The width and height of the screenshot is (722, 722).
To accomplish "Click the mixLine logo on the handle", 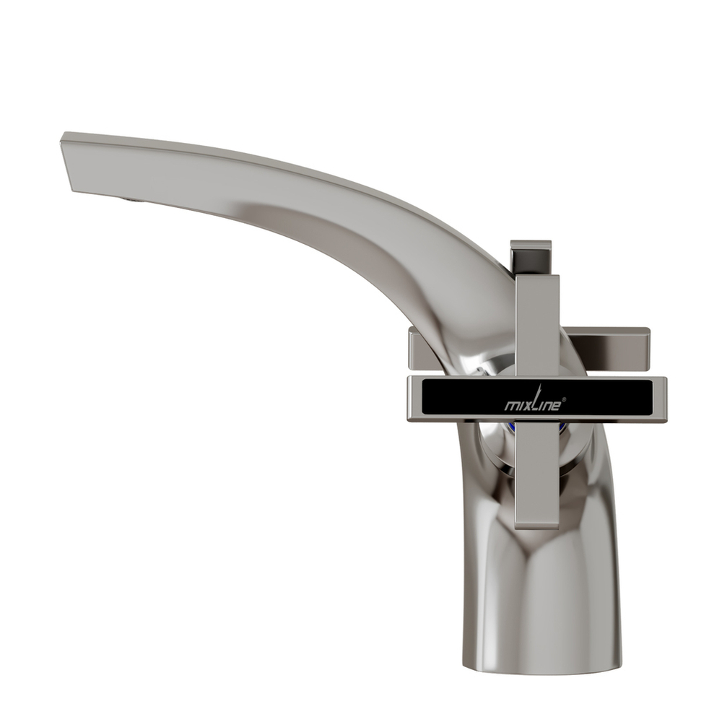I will click(x=530, y=404).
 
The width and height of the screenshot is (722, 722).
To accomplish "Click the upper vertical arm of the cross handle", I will click(x=537, y=325).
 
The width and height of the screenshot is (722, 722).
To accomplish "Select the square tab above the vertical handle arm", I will click(x=531, y=256).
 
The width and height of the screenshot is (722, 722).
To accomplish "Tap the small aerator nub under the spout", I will click(x=129, y=198).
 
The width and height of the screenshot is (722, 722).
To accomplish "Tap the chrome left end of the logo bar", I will click(x=413, y=399).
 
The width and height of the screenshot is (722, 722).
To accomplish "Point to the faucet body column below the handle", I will click(x=541, y=592).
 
